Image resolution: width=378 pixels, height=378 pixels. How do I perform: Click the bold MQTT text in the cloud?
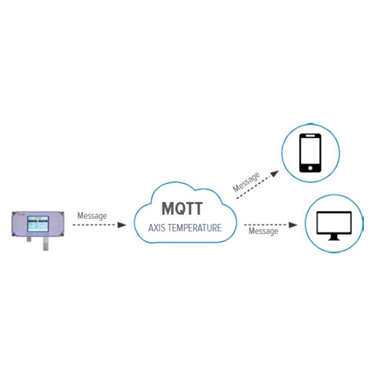(x=182, y=208)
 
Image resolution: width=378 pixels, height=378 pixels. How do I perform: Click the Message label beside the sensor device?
(x=92, y=216)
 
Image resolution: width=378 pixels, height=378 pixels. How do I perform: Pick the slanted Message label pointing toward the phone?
(x=246, y=182)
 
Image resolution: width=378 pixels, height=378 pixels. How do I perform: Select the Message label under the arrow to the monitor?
(x=263, y=231)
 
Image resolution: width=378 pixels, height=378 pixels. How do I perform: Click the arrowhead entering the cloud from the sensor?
(x=122, y=225)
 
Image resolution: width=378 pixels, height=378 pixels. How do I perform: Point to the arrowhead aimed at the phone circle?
(x=274, y=173)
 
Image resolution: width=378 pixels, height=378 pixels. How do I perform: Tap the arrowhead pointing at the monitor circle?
(x=293, y=225)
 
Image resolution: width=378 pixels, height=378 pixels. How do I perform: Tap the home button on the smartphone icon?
(x=310, y=168)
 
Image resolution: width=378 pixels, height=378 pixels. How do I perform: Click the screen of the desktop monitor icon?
(x=334, y=222)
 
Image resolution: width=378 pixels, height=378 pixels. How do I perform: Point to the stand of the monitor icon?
(x=334, y=237)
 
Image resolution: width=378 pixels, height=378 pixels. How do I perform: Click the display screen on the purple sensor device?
(x=38, y=224)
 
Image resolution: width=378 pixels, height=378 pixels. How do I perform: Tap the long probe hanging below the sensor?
(x=46, y=245)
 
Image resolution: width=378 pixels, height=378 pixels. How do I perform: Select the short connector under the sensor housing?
(x=29, y=240)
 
